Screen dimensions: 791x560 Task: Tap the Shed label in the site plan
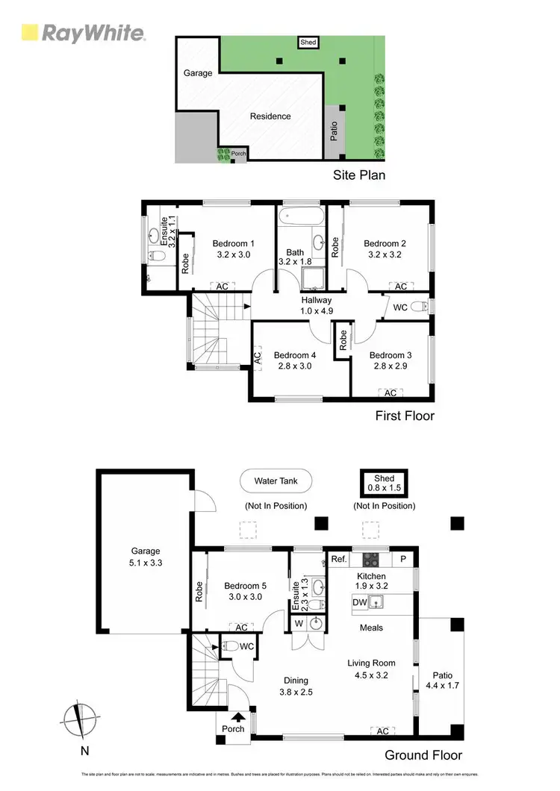(308, 43)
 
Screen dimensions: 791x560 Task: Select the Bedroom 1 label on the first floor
(233, 243)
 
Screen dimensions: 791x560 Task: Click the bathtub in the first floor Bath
(301, 217)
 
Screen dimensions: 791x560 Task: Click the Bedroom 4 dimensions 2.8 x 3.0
(293, 366)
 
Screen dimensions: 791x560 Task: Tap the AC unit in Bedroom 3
(389, 393)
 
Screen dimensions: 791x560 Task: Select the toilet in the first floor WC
(423, 306)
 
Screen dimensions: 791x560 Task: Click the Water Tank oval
(276, 481)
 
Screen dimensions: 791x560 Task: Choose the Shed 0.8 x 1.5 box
(384, 484)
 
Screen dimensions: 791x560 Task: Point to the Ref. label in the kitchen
(337, 558)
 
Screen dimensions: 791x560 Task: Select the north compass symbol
(79, 721)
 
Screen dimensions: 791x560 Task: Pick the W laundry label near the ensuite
(299, 622)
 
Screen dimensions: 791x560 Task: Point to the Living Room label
(371, 663)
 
